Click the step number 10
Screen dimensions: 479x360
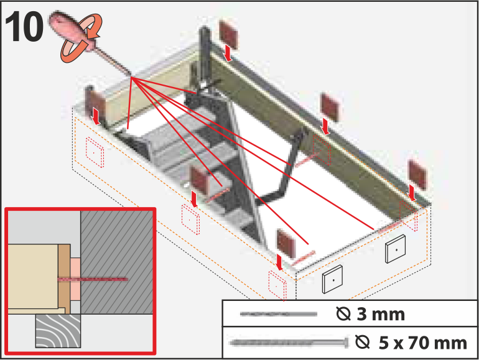coord(24,27)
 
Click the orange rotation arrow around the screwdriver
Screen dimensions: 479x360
coord(82,38)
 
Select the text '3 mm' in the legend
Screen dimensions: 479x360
coord(381,314)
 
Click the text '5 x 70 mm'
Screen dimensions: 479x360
coord(423,343)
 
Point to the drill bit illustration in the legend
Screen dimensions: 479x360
coord(278,314)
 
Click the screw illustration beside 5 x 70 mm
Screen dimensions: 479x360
coord(289,343)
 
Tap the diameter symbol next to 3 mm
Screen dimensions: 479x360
coord(343,314)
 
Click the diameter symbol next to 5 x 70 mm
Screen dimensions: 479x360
coord(363,343)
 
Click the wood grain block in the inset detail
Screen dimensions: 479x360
coord(58,331)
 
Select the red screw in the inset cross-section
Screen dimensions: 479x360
coord(93,279)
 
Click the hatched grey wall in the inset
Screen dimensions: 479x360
coord(117,262)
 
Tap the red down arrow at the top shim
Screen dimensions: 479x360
coord(228,53)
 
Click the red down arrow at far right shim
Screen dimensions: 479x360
coord(411,193)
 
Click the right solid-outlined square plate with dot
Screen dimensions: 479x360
coord(396,249)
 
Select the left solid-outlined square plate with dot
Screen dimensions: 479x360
coord(332,279)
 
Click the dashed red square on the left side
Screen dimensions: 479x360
coord(95,152)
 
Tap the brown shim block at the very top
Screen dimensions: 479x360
coord(228,34)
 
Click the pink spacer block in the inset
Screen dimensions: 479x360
coord(75,279)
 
